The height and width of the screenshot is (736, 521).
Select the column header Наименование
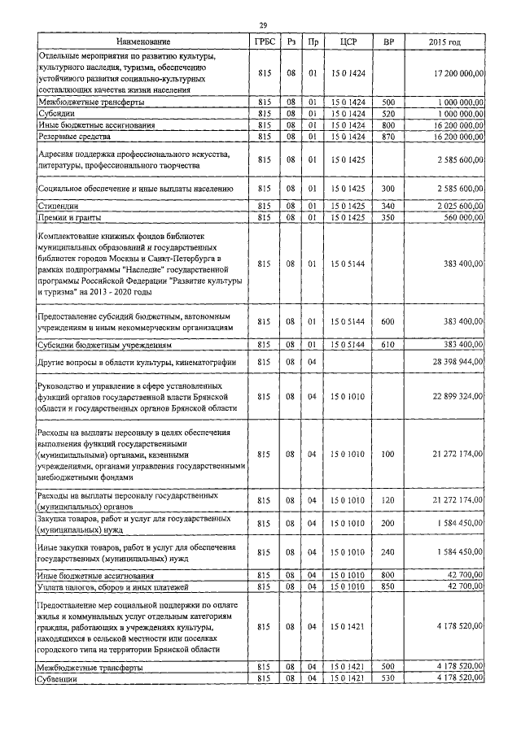(143, 41)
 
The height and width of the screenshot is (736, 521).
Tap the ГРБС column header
(263, 41)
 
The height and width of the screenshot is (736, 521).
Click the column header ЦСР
(349, 41)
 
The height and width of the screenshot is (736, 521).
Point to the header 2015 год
(444, 41)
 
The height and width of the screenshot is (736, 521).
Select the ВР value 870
(388, 137)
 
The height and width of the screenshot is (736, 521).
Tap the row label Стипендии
(63, 207)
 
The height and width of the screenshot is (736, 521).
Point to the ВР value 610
(388, 345)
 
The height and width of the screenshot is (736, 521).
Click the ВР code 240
(388, 552)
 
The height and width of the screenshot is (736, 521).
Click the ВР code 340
(388, 207)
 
